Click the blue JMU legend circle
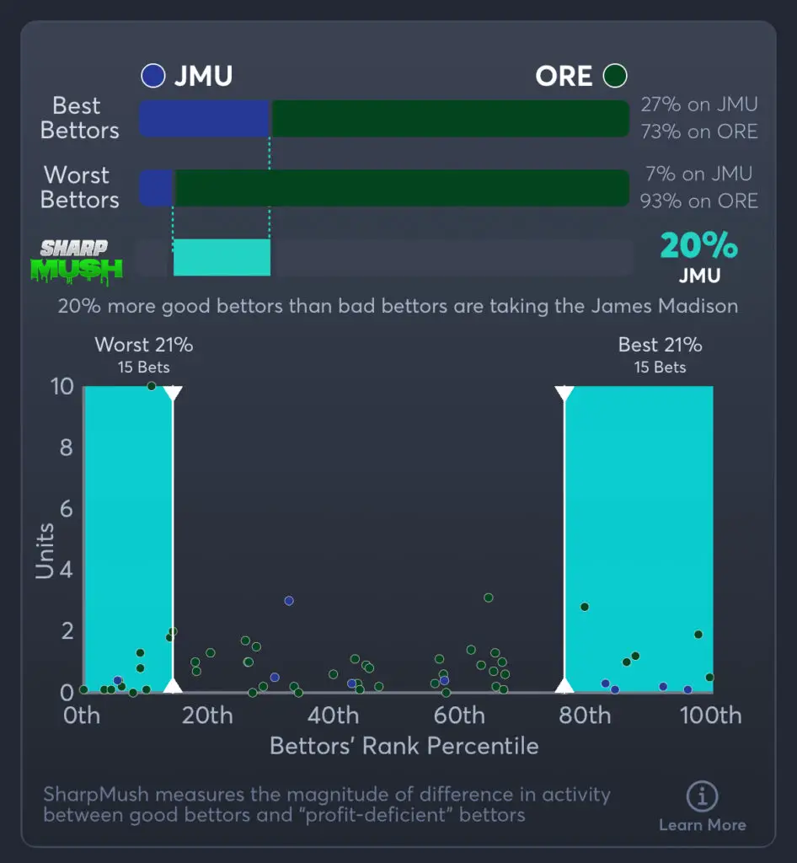[153, 77]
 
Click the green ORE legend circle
[615, 77]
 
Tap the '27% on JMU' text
[698, 105]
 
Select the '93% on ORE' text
[698, 201]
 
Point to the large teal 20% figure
[698, 246]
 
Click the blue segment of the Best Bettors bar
[205, 119]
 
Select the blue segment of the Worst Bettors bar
[156, 188]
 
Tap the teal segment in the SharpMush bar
[222, 257]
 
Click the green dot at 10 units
[152, 386]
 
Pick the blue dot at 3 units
[289, 601]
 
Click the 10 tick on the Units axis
[64, 387]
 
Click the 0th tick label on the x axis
[82, 716]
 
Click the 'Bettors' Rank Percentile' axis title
[404, 746]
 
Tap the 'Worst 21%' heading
[144, 345]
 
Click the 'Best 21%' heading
[660, 345]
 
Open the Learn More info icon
[702, 796]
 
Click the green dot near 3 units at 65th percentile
[489, 598]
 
